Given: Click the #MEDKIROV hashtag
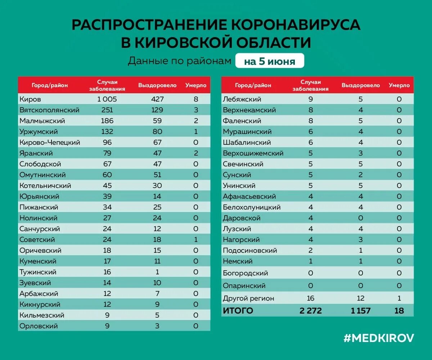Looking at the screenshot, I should coord(379,338).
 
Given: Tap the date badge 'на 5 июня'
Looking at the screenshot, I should coord(270,61).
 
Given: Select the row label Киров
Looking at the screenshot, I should coord(31,99).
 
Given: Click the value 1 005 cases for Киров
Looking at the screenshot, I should coord(107,99).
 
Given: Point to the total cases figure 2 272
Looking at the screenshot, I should coord(310,311).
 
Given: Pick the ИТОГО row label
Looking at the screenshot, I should coord(238,311).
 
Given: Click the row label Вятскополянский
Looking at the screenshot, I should coord(50,110).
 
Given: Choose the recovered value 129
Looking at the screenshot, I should coord(157,110).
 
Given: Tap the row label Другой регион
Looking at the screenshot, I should coord(248,298).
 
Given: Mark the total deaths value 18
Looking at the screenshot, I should coord(399,311).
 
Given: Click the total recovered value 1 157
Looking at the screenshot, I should coord(361,311).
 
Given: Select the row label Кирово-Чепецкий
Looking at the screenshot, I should coord(50,142).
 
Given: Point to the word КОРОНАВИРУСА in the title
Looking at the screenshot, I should coord(295,24).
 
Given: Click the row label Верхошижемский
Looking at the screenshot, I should coord(253,153).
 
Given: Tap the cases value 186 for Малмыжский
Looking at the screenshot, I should coord(107,121).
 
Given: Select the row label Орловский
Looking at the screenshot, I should coord(39,326).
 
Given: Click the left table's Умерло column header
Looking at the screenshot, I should coord(196,85).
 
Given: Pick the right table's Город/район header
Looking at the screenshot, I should coord(253,85).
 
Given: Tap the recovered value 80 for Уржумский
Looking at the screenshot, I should coord(157,131).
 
